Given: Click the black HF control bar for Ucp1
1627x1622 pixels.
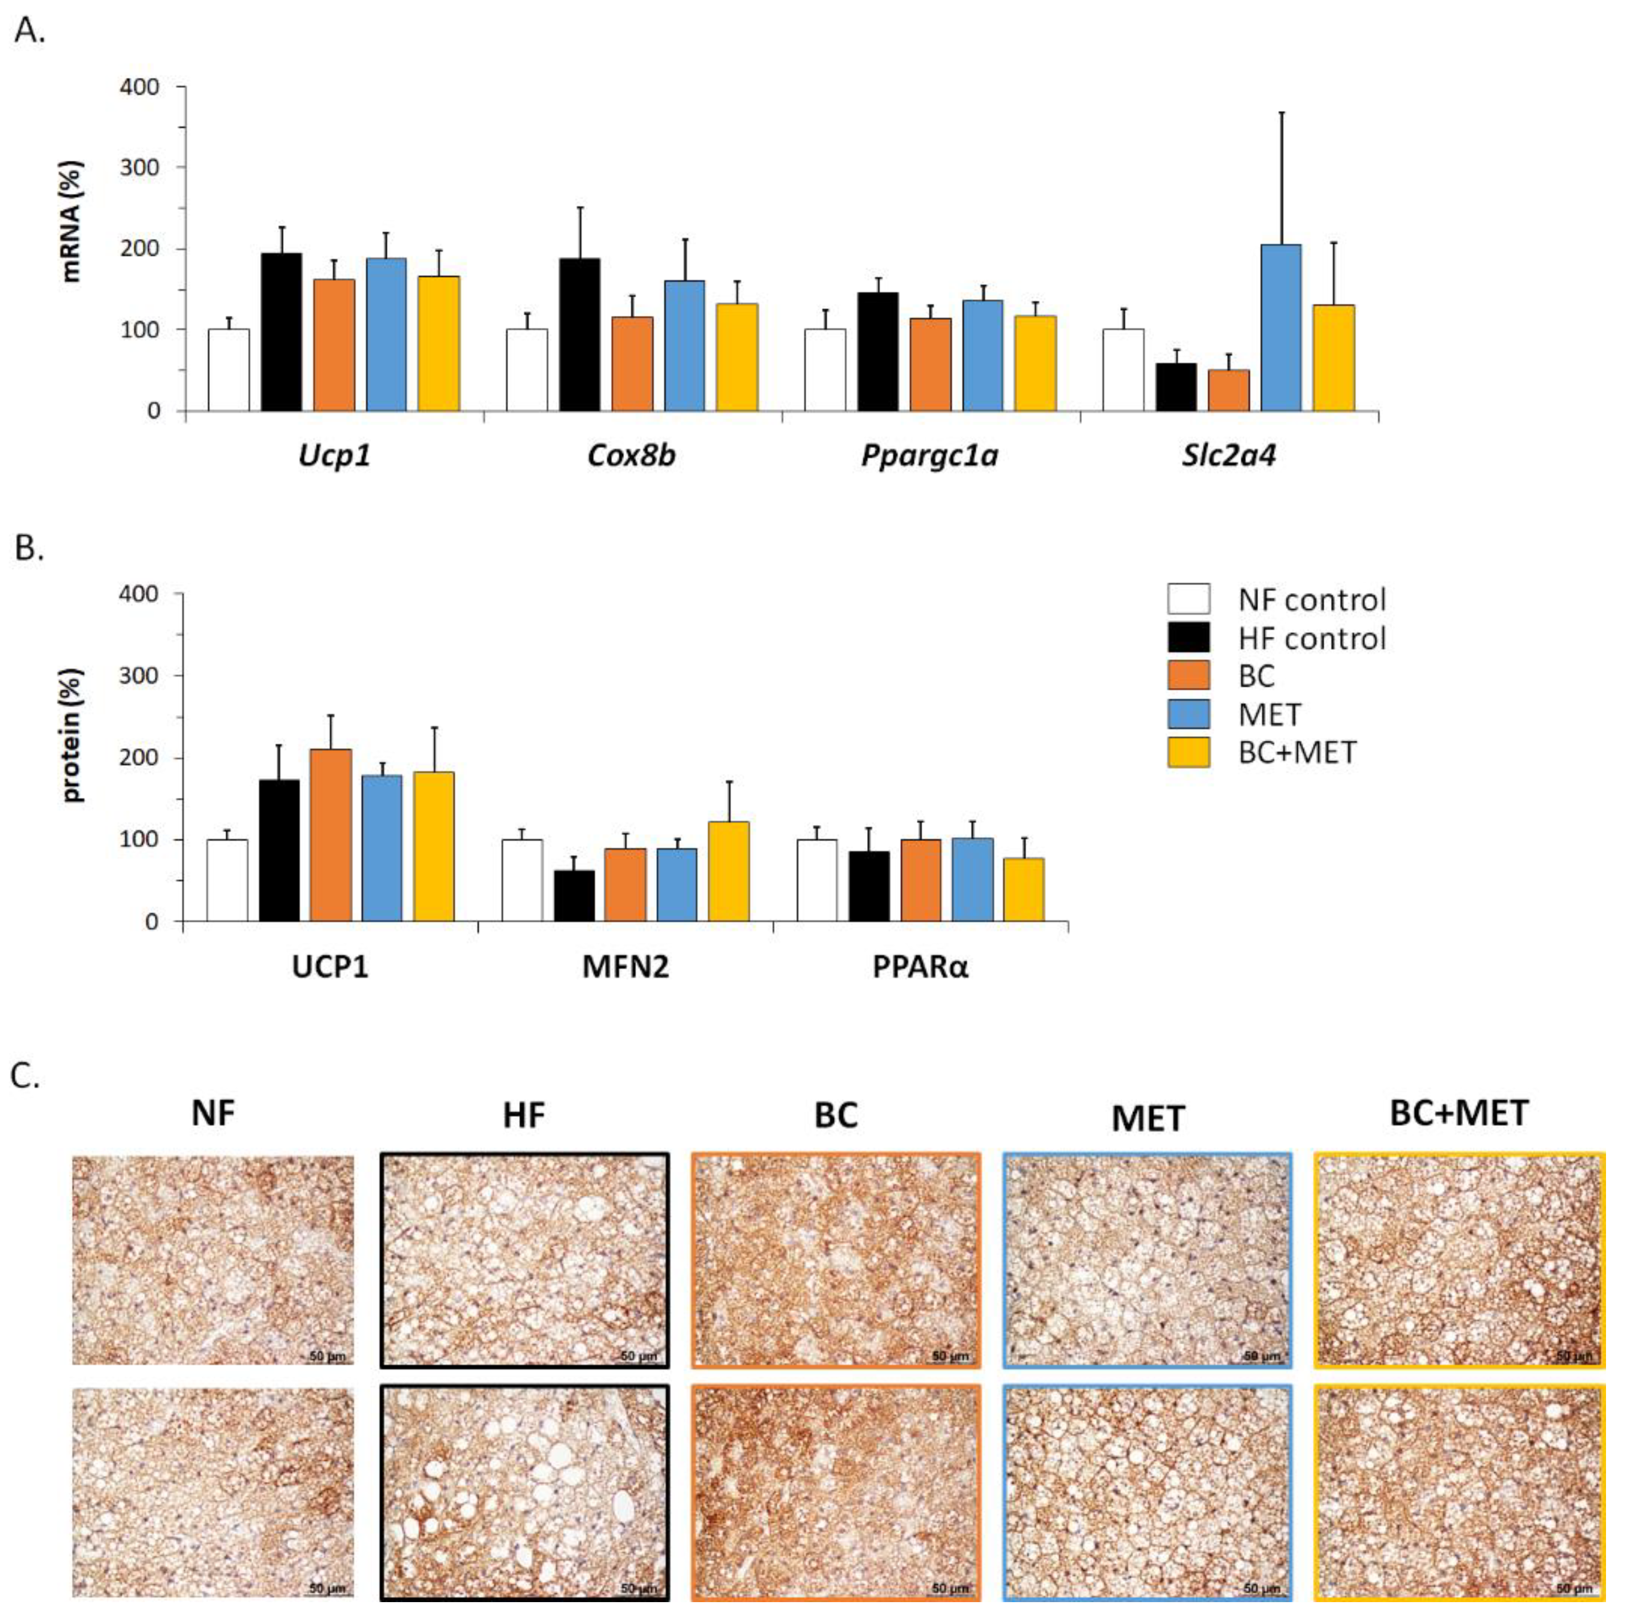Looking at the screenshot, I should (281, 332).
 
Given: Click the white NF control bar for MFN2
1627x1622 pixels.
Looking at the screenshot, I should (521, 880).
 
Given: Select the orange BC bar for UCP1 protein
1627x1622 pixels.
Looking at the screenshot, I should (330, 834).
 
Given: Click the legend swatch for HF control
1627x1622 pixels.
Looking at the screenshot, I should (1188, 637).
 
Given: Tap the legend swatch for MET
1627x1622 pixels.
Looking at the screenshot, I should (1188, 714).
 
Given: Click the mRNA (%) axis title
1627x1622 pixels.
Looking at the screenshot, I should (73, 221).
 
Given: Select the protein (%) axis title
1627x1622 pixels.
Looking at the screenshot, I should (73, 735).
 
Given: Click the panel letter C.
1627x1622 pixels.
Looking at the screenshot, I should (25, 1076).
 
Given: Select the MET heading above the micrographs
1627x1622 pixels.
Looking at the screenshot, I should (1148, 1118).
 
